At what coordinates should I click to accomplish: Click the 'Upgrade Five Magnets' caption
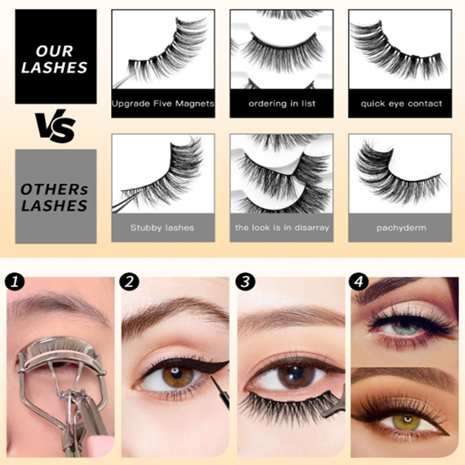tap(163, 103)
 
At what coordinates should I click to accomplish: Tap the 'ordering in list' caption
tap(281, 103)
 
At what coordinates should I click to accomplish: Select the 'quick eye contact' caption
tap(400, 103)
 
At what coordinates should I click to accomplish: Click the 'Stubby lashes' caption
tap(163, 227)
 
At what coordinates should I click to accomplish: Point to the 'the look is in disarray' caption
tap(281, 227)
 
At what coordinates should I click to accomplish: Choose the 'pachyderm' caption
tap(400, 227)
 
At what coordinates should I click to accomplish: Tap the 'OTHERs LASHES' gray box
tap(55, 196)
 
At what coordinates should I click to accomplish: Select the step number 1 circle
tap(14, 282)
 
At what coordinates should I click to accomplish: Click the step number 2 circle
tap(128, 282)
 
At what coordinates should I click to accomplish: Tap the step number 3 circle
tap(245, 282)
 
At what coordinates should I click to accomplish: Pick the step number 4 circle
tap(359, 282)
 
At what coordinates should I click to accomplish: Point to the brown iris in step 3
tap(296, 375)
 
